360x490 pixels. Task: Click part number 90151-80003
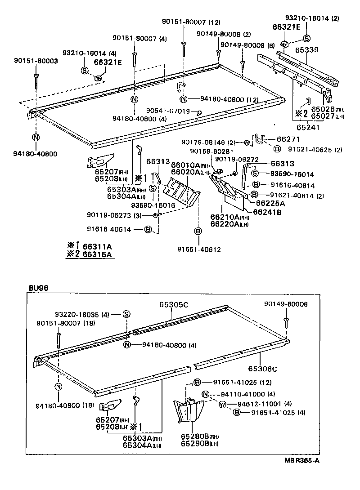(x=36, y=61)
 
